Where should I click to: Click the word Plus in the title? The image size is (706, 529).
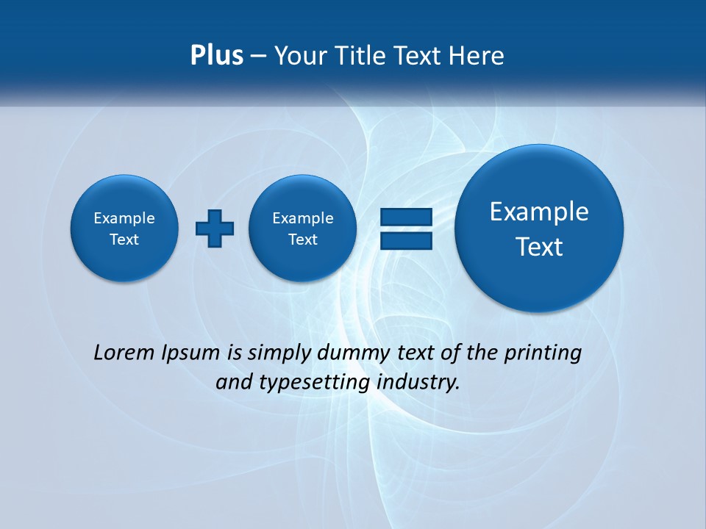[216, 55]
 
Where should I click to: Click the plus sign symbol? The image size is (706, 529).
[215, 228]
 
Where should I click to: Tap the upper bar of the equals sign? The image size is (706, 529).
[405, 217]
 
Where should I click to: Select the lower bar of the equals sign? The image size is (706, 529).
[405, 240]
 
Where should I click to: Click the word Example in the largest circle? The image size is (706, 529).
[539, 212]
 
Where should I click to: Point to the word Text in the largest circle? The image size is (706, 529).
[539, 247]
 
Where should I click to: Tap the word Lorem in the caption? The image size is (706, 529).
[124, 353]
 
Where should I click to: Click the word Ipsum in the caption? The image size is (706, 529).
[190, 353]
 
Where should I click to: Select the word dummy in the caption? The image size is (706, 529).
[351, 353]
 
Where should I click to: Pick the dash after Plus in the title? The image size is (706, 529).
[258, 57]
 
